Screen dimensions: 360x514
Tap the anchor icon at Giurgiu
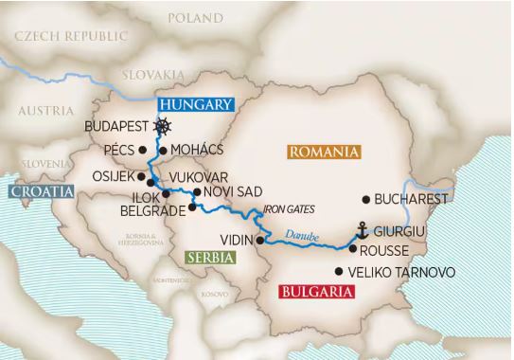(360, 230)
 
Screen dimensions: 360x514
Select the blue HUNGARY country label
(195, 105)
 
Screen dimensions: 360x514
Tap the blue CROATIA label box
(39, 192)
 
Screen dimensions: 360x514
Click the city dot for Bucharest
(365, 200)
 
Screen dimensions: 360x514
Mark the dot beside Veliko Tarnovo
(340, 272)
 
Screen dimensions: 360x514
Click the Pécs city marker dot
(142, 150)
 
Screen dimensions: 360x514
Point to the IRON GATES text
(288, 208)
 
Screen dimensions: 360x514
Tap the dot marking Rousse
(352, 250)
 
